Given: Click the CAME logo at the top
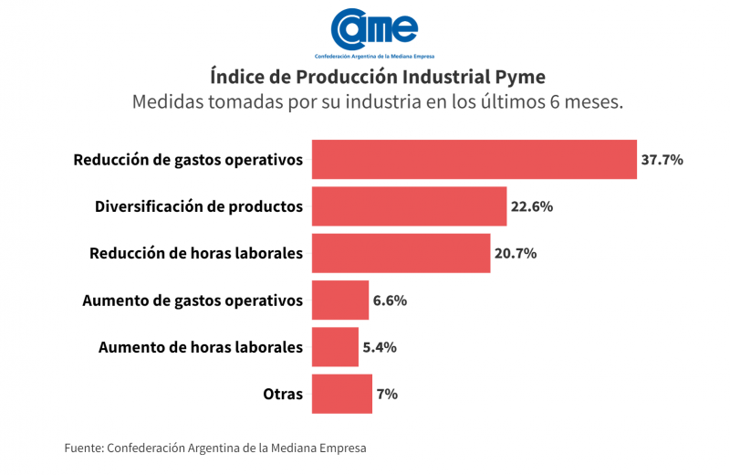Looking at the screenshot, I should [374, 32].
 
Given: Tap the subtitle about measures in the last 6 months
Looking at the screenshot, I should [377, 100].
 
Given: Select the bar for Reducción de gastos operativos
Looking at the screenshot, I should [474, 160].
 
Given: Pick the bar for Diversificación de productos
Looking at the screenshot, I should [409, 206].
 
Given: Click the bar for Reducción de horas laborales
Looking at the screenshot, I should [401, 253].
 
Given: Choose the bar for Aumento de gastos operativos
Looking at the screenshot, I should [340, 300].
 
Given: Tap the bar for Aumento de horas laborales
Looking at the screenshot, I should [335, 347].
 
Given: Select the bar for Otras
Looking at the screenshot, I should [342, 394].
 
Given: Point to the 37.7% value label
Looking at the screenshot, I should [662, 160].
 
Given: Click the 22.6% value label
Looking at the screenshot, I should [532, 206].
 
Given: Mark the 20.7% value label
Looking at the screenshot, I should [516, 253].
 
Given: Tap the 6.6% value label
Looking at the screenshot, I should [390, 300].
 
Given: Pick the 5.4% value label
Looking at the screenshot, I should [380, 347].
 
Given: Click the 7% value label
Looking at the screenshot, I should [387, 394].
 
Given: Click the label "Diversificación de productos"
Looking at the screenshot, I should [199, 206].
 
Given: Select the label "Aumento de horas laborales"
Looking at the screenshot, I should [200, 347].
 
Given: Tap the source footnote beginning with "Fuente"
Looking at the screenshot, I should [215, 448].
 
